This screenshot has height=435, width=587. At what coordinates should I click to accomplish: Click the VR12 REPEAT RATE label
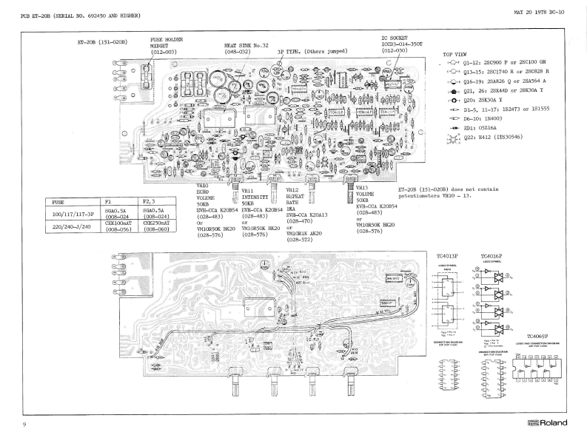tap(298, 196)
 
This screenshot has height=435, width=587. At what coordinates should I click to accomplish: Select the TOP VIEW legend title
tap(454, 55)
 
